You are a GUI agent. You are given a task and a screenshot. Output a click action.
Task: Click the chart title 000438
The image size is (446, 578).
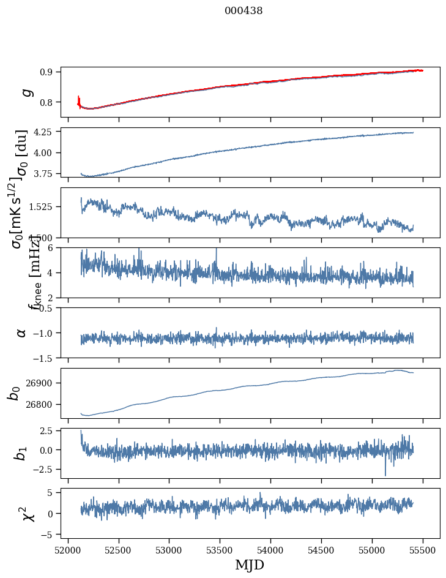pos(243,10)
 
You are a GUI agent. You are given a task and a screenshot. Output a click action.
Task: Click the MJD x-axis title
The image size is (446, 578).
pos(250,565)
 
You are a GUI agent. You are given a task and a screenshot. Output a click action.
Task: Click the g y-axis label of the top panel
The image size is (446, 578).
pos(26,92)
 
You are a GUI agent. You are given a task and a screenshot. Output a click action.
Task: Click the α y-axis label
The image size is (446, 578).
pos(22,332)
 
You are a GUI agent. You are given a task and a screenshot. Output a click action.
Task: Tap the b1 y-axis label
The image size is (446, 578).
pos(21,453)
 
